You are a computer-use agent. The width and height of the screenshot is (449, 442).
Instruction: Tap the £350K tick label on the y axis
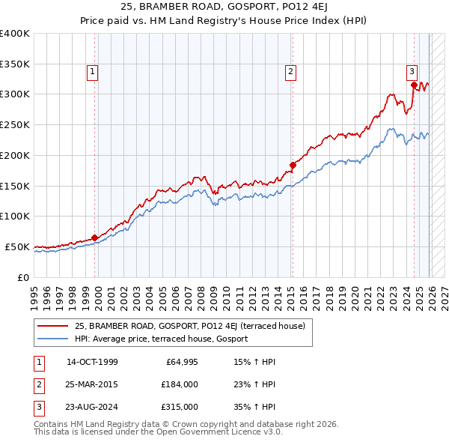coord(15,64)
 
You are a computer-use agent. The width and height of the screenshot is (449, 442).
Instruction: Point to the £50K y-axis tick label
coord(17,246)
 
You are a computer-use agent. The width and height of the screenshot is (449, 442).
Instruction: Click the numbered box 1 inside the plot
coord(92,72)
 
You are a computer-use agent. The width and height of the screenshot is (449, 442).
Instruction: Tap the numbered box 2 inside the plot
coord(290,72)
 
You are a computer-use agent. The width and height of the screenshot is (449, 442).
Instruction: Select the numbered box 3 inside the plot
coord(412,72)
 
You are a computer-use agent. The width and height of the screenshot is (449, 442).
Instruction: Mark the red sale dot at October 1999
coord(95,238)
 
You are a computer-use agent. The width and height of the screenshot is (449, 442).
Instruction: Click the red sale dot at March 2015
coord(293,166)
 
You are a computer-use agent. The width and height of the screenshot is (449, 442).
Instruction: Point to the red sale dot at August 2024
coord(414,85)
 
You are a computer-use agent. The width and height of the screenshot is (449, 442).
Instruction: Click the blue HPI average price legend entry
coord(161,339)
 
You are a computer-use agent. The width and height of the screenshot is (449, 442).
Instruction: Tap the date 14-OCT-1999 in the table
coord(93,363)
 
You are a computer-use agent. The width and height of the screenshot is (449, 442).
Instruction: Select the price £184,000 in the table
coord(180,384)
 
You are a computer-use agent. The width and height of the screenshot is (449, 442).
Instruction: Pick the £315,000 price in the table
coord(180,407)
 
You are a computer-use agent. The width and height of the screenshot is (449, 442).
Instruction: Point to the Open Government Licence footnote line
coord(158,432)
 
